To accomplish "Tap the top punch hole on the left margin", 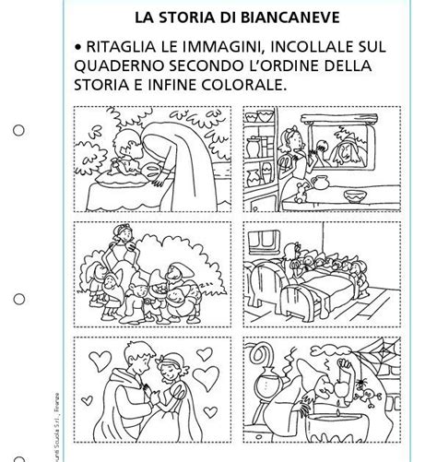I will pos(18,129).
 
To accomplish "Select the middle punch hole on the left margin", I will pos(18,299).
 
